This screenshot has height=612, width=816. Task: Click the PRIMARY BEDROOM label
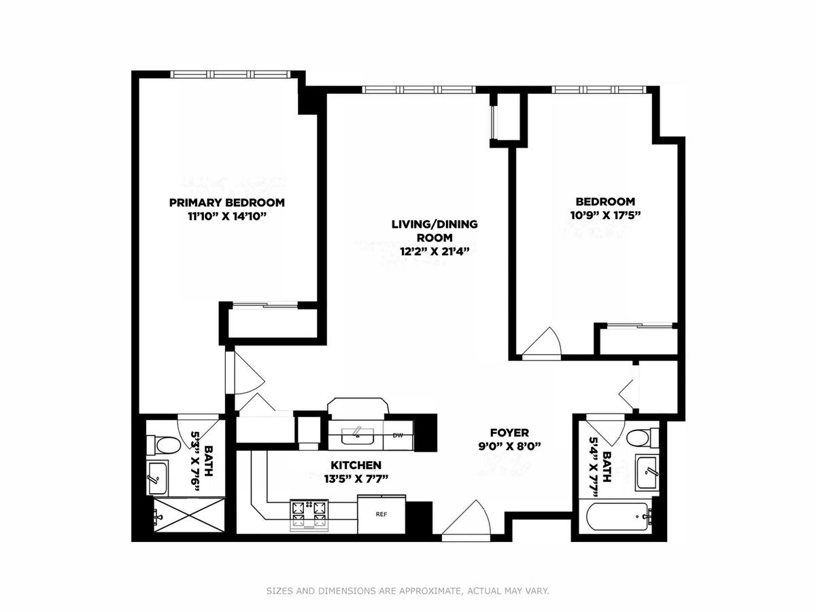tap(226, 203)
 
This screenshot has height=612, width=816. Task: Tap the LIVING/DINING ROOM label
tap(435, 231)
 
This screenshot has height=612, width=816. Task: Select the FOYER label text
tap(509, 432)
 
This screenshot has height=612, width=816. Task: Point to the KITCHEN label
tap(356, 465)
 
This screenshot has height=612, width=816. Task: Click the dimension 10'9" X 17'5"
tap(606, 215)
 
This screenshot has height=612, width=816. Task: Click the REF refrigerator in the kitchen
tap(381, 514)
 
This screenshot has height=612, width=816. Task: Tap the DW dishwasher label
tap(398, 435)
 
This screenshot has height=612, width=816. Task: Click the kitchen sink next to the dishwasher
tap(358, 435)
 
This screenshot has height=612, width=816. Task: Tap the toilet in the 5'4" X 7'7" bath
tap(643, 437)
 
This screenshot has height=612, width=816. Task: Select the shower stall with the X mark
tap(189, 515)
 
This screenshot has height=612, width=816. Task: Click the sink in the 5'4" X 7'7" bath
tap(647, 471)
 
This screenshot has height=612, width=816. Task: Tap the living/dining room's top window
tap(419, 90)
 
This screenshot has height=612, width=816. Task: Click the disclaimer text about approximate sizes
tap(407, 590)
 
